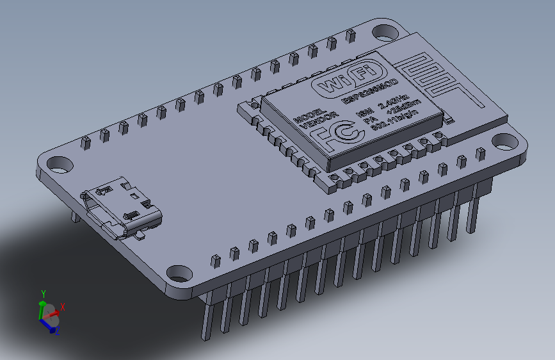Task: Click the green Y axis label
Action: (x=44, y=294)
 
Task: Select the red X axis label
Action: (x=63, y=307)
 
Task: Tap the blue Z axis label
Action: (x=57, y=330)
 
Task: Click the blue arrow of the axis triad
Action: (x=47, y=324)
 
